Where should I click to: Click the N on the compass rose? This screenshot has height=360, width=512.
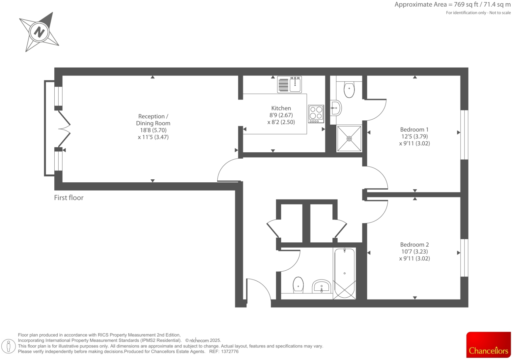[x=39, y=32]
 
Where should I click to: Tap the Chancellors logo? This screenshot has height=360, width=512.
[x=488, y=345]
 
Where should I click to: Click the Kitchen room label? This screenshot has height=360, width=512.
[x=281, y=108]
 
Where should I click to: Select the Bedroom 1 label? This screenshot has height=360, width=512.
[x=414, y=130]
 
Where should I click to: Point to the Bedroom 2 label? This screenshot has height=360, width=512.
[x=414, y=245]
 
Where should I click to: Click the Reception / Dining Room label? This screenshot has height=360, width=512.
[x=153, y=120]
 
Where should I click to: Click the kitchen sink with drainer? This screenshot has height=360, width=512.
[x=289, y=84]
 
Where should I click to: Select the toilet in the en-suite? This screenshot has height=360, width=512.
[x=349, y=89]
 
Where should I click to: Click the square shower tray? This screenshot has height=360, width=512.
[x=349, y=138]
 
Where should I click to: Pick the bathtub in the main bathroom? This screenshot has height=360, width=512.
[x=344, y=273]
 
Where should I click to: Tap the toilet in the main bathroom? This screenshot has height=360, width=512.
[x=298, y=285]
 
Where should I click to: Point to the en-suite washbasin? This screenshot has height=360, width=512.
[x=336, y=108]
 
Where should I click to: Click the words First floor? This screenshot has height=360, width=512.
[x=69, y=198]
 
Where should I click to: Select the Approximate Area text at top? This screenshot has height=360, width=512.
[x=452, y=5]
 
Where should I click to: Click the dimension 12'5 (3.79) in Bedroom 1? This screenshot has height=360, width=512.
[x=414, y=136]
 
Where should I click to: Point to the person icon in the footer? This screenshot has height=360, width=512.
[x=9, y=346]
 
